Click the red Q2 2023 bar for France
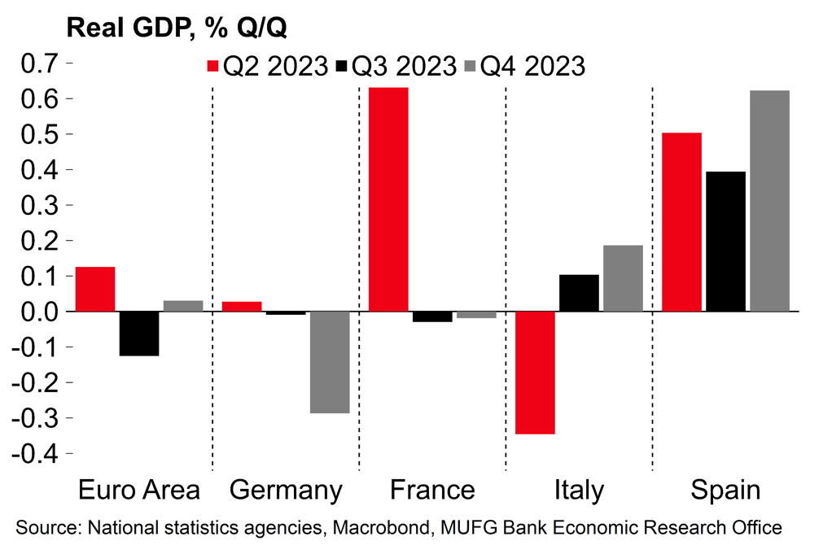click(x=388, y=199)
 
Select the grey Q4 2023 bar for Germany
click(x=330, y=362)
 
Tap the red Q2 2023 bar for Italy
click(x=535, y=373)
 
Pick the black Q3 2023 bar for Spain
click(x=725, y=242)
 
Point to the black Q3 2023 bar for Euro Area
click(x=139, y=334)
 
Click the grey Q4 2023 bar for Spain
click(x=769, y=201)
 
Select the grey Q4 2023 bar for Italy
click(x=623, y=278)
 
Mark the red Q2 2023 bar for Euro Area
click(x=95, y=289)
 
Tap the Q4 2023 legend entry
click(x=524, y=66)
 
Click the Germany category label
click(x=286, y=491)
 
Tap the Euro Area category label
click(x=138, y=491)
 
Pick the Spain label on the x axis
click(x=725, y=491)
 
